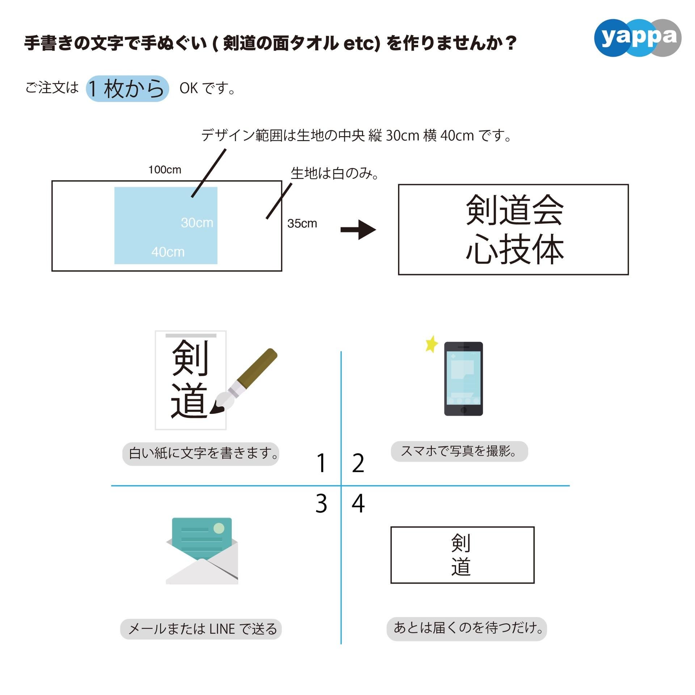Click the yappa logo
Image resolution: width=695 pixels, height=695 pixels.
(x=637, y=38)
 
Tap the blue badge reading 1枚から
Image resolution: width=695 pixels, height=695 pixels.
(x=127, y=89)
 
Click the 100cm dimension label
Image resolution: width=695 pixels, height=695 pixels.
(x=165, y=170)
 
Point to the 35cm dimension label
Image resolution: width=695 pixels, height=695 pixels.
(x=302, y=224)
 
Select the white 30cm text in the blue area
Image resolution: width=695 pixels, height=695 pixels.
(x=197, y=223)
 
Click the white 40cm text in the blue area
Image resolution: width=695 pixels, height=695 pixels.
(x=168, y=252)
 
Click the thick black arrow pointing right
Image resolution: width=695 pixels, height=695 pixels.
(x=358, y=229)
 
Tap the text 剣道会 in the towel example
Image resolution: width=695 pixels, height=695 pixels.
(x=514, y=210)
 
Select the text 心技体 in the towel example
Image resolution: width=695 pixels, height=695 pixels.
(x=514, y=249)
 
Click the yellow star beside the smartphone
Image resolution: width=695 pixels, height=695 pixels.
(x=431, y=344)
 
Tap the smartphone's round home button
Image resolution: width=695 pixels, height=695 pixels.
(x=463, y=410)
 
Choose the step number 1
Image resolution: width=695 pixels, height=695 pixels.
(x=321, y=463)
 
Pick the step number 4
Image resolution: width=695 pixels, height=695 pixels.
(x=358, y=504)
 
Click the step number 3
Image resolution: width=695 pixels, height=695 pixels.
(x=321, y=504)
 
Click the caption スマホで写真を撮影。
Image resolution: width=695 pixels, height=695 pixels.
(x=459, y=451)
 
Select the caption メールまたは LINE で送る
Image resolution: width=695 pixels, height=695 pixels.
(x=201, y=629)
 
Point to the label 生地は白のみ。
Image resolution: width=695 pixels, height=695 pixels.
(x=334, y=174)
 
